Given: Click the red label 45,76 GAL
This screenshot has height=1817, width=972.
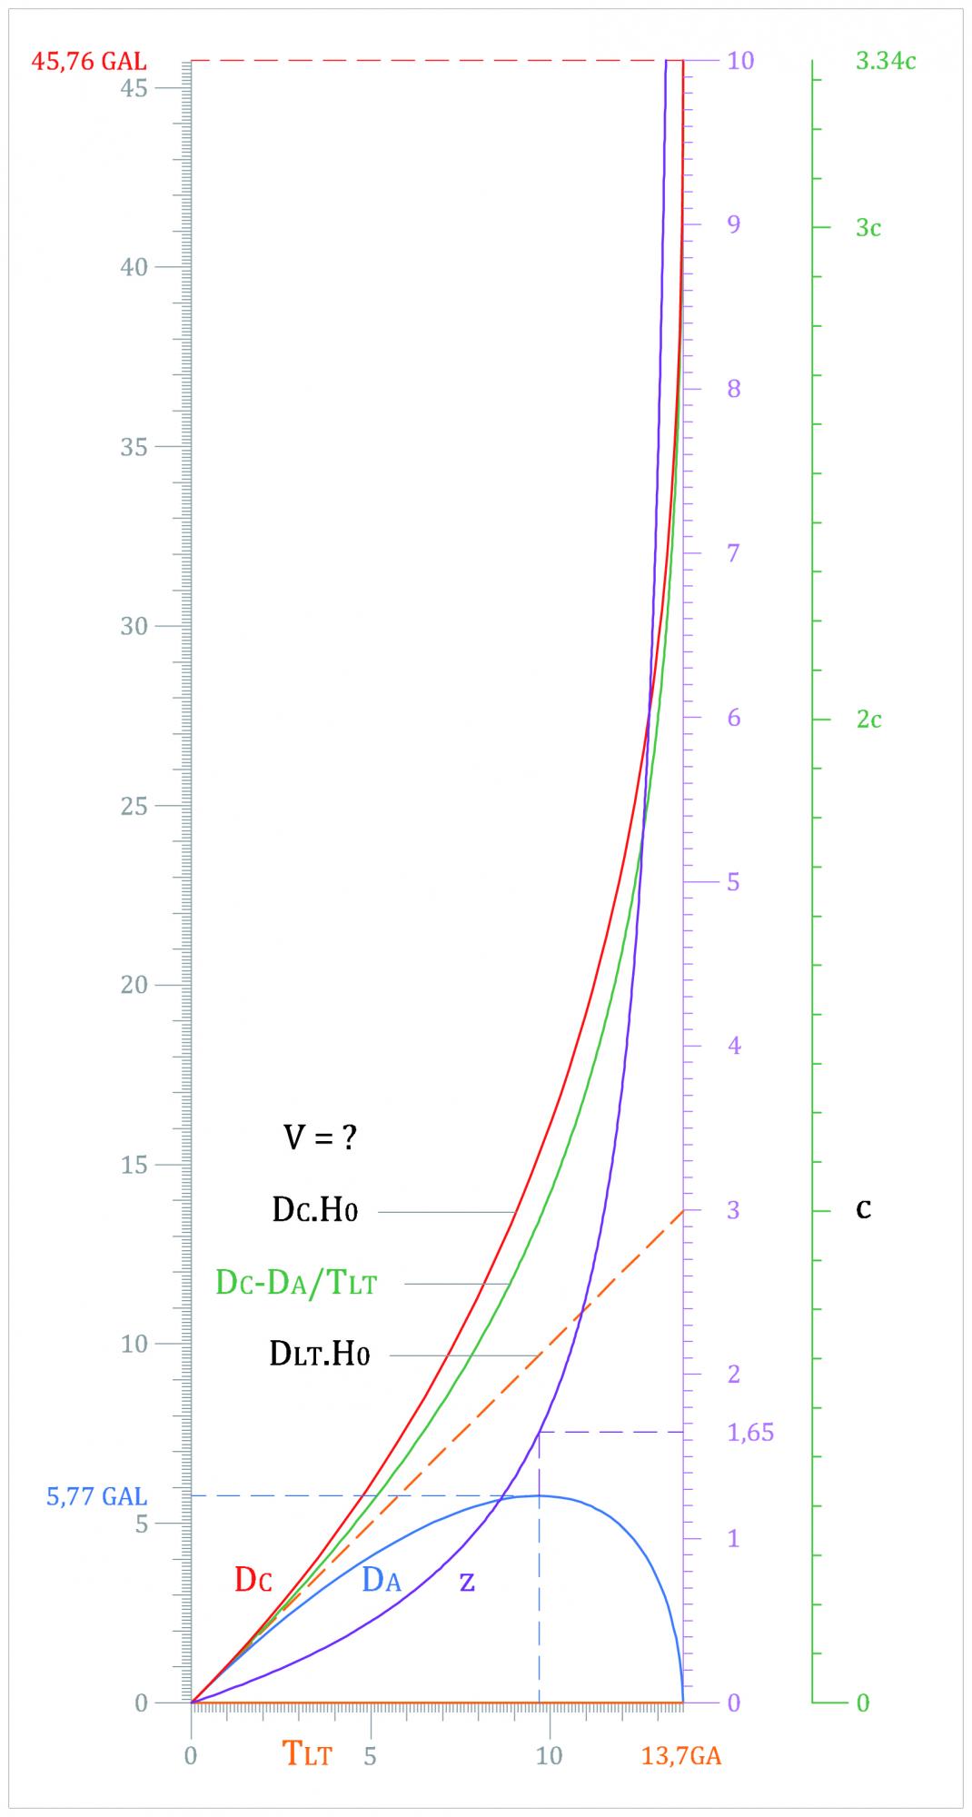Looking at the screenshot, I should pyautogui.click(x=89, y=63).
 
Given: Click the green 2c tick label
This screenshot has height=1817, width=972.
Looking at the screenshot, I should pyautogui.click(x=868, y=720).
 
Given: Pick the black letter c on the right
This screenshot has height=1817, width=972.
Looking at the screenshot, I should pyautogui.click(x=864, y=1209).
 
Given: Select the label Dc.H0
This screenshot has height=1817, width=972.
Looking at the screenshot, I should pyautogui.click(x=314, y=1211).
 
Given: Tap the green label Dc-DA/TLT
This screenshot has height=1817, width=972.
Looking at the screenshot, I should pyautogui.click(x=296, y=1284).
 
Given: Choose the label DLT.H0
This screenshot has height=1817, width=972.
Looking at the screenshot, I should pyautogui.click(x=320, y=1355).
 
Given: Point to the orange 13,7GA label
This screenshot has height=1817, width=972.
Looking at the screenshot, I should pyautogui.click(x=681, y=1756).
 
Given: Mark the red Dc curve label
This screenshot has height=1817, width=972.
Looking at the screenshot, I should pyautogui.click(x=253, y=1580).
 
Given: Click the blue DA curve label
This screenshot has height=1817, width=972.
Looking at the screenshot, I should pyautogui.click(x=382, y=1580).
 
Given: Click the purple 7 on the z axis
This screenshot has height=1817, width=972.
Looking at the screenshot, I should pyautogui.click(x=734, y=552).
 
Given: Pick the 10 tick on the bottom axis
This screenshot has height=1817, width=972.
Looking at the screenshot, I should pyautogui.click(x=549, y=1756).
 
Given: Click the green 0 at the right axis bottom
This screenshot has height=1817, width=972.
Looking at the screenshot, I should pyautogui.click(x=863, y=1703).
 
